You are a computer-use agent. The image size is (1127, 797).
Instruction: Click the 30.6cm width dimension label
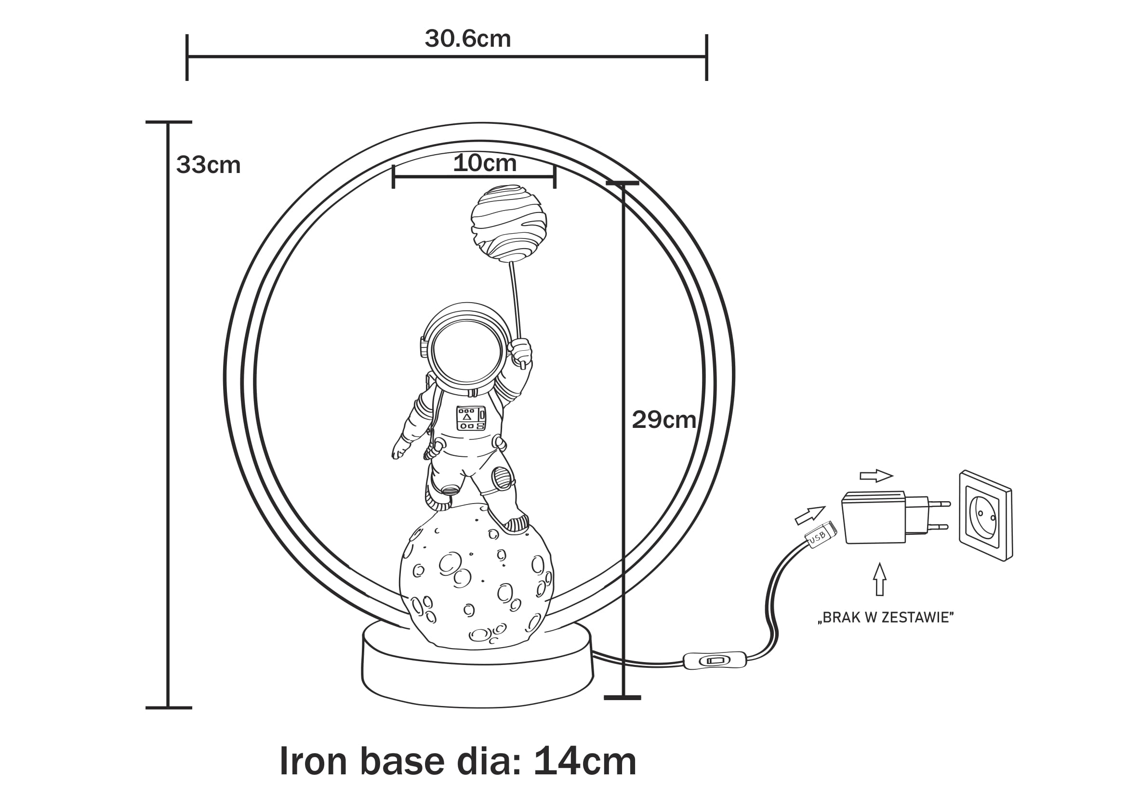click(467, 39)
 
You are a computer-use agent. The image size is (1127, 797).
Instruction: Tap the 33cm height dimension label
click(208, 165)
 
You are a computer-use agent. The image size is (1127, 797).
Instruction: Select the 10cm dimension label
click(484, 163)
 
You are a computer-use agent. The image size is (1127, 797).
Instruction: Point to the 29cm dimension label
click(663, 420)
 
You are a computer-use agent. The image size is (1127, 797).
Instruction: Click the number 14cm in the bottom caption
click(584, 761)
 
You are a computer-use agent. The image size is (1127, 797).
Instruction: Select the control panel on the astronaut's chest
click(471, 418)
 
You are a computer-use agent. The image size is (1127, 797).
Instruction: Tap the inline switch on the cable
click(714, 661)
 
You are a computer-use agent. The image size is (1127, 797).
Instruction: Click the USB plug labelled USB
click(819, 535)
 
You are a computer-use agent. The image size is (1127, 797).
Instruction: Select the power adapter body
click(874, 518)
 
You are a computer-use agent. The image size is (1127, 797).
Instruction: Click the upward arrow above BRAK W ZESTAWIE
click(880, 579)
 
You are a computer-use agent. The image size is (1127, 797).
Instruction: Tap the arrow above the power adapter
click(876, 476)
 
